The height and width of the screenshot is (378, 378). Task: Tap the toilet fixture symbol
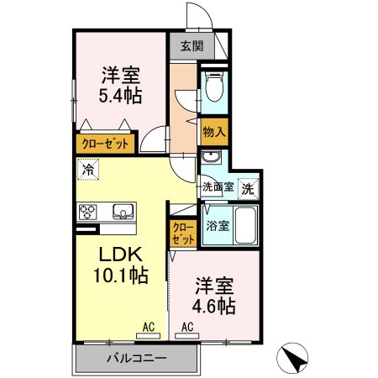click(214, 87)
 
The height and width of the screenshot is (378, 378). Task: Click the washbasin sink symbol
click(210, 158)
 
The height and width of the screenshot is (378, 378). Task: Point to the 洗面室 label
click(216, 189)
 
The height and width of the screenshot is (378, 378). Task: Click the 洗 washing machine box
click(248, 188)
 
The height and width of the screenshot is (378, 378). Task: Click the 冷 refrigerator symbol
click(88, 169)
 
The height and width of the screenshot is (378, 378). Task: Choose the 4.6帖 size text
click(213, 307)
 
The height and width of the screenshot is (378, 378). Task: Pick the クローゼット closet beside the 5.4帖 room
click(107, 144)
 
